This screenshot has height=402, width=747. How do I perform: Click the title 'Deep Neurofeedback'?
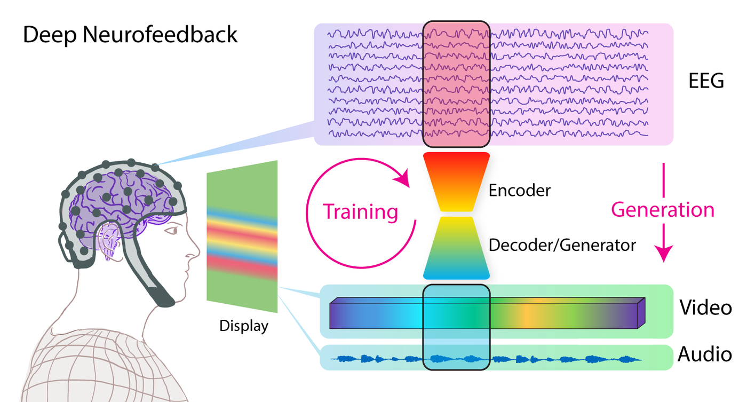click(x=130, y=35)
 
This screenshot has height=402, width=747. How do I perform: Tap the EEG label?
click(x=705, y=81)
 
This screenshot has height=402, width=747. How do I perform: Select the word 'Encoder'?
click(x=520, y=190)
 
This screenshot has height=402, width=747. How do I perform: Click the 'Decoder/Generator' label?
click(x=562, y=245)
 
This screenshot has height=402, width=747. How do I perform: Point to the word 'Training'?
click(x=361, y=212)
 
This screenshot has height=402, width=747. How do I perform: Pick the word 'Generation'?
click(x=663, y=209)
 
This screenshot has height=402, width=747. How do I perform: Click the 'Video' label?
click(x=705, y=308)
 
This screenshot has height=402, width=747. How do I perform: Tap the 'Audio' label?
click(x=704, y=354)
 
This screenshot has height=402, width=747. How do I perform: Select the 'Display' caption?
click(x=244, y=325)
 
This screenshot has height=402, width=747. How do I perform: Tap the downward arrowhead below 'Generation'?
click(x=663, y=253)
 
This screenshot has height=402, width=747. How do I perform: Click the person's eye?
click(x=172, y=231)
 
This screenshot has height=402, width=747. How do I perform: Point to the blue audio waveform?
click(x=486, y=359)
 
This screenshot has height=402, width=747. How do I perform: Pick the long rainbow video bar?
click(x=486, y=313)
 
